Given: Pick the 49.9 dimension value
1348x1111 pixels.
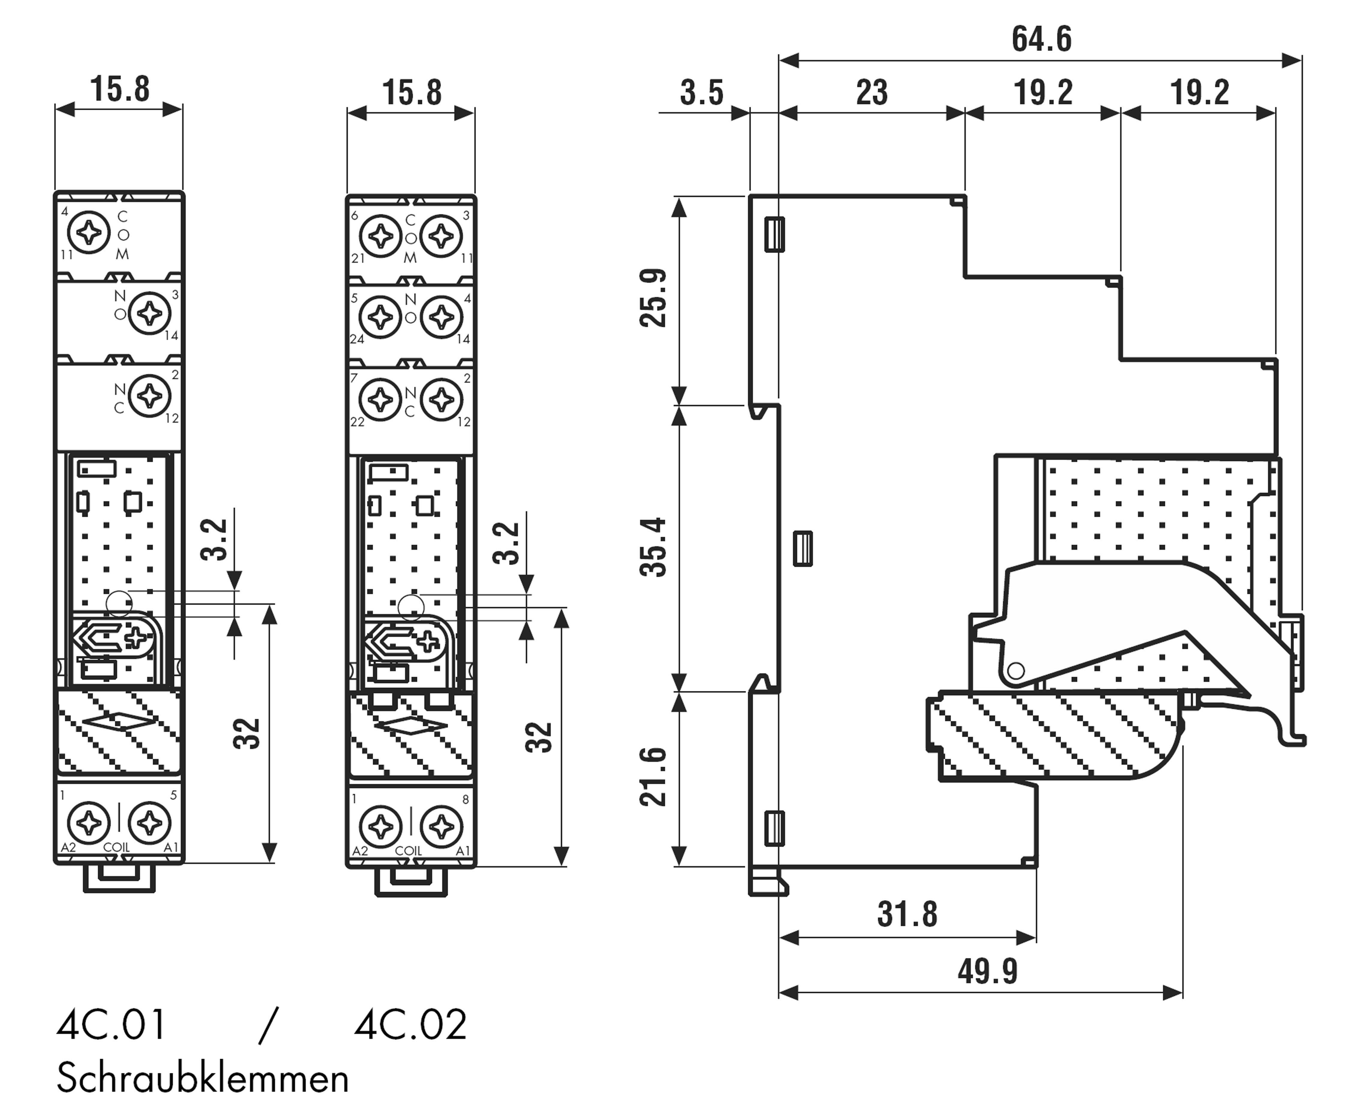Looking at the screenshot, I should point(987,971).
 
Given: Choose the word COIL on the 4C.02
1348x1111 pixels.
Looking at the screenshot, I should point(409,851).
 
